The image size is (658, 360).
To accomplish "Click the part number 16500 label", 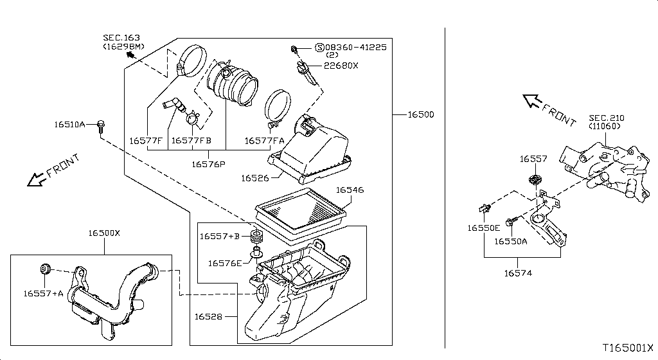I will [420, 115].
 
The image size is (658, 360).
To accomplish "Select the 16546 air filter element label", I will [350, 190].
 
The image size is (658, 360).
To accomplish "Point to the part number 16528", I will [208, 316].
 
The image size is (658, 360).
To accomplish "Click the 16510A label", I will [70, 123].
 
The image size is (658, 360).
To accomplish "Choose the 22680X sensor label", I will [341, 66].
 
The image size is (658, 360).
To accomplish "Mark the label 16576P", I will [208, 164].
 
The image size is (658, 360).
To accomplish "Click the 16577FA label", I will [265, 140].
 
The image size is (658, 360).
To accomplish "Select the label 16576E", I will [225, 262].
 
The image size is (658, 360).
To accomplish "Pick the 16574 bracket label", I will [519, 273].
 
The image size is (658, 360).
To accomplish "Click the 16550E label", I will [483, 228].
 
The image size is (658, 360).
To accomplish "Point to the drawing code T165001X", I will [628, 348].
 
